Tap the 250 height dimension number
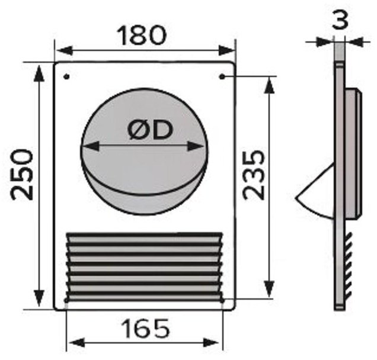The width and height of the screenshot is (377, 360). coord(22,175)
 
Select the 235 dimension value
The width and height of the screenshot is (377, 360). coord(254,175)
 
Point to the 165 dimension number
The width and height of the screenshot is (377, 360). coord(145,329)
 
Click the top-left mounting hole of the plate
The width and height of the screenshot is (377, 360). coord(67,77)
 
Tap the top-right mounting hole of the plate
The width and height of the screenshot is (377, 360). coord(222,77)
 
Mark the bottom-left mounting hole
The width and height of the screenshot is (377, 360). coord(66,300)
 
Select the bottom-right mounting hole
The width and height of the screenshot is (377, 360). coord(222,300)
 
